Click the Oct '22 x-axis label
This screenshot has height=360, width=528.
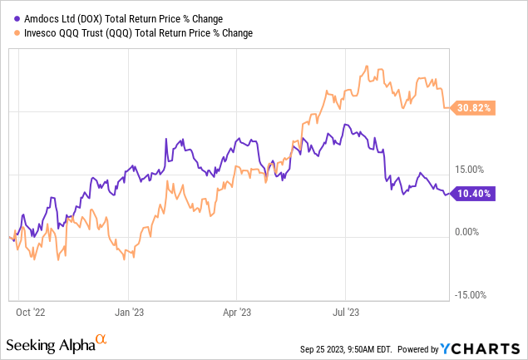click(x=33, y=313)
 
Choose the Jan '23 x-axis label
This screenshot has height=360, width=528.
click(x=129, y=313)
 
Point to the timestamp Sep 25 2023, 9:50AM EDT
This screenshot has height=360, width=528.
click(x=350, y=348)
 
